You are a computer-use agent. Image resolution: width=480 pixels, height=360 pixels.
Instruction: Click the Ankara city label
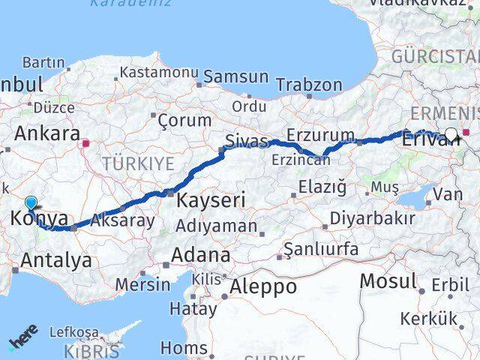(x=47, y=133)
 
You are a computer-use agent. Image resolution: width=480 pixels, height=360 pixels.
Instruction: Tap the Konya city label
(x=40, y=220)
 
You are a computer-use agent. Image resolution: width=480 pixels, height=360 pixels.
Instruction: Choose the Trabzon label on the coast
(x=308, y=85)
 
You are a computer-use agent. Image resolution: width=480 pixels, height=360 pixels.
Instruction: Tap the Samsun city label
(x=235, y=76)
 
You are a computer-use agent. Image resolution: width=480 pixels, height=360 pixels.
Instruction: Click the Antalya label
(x=58, y=260)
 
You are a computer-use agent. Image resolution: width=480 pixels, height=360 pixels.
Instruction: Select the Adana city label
(x=200, y=255)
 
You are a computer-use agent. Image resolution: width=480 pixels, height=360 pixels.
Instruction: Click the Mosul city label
(x=388, y=281)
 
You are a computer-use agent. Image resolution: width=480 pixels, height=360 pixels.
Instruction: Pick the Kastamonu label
(x=158, y=73)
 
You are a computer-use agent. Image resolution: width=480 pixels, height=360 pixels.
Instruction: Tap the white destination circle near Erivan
(x=451, y=135)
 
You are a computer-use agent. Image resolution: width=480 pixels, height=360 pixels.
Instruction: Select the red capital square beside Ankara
(x=87, y=141)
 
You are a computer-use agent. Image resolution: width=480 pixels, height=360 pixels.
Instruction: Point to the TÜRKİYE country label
(x=138, y=163)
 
